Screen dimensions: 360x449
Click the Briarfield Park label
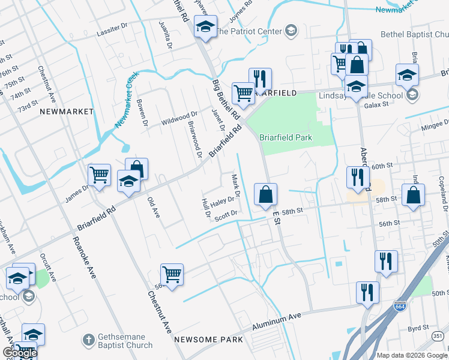click(286, 137)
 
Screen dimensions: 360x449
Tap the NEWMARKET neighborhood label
click(67, 112)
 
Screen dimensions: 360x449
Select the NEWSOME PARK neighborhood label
click(208, 340)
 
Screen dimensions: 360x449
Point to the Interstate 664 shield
click(400, 306)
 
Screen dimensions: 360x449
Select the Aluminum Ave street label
click(276, 320)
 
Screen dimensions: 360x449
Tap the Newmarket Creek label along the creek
click(127, 100)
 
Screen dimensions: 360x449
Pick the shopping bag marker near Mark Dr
click(265, 195)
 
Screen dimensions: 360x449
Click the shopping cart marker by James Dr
click(99, 176)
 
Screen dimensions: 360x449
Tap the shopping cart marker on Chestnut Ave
click(172, 275)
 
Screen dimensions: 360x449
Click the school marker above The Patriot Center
click(205, 28)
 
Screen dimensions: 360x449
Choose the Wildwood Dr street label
click(179, 118)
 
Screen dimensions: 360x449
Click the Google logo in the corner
click(19, 353)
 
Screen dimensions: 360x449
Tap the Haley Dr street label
click(221, 202)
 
